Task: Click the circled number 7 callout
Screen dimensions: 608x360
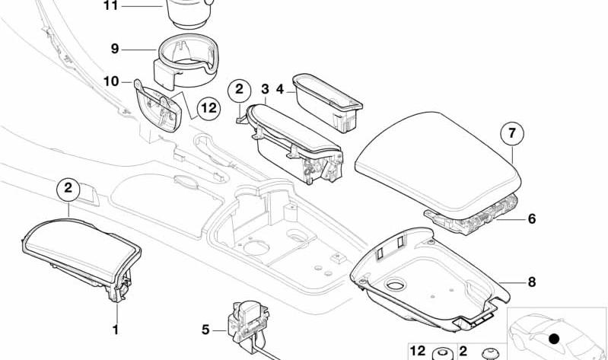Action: pos(512,133)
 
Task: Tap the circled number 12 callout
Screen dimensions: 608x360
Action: pos(209,108)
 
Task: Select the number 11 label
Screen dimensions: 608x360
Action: pos(110,6)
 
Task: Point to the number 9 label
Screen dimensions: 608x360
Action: pos(115,49)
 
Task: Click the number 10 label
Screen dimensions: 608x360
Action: pos(111,81)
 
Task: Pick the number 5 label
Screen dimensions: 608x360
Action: pos(205,330)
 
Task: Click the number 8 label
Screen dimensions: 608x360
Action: pos(532,282)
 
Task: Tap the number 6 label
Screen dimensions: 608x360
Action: pos(532,218)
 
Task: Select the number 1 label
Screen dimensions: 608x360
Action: pos(116,330)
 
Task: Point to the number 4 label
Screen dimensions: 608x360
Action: pos(280,89)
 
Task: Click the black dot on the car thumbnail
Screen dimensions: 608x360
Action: pos(555,339)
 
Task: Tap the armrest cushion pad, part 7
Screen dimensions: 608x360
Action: pos(438,165)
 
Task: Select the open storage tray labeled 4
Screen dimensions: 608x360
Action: pos(328,102)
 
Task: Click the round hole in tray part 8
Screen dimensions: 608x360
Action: pos(396,285)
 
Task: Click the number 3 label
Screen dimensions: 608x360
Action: pos(265,89)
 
